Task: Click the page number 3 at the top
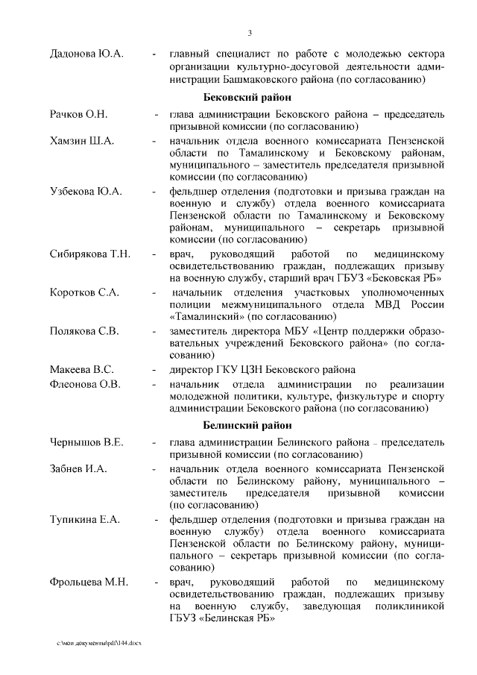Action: [250, 33]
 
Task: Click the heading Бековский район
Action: [247, 98]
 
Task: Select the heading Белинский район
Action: [247, 425]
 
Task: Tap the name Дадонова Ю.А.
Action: [86, 54]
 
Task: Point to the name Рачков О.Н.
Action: [79, 114]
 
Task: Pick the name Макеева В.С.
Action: [81, 369]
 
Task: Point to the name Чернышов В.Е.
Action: [86, 442]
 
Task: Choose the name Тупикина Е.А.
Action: [85, 519]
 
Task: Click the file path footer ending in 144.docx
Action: [98, 642]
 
